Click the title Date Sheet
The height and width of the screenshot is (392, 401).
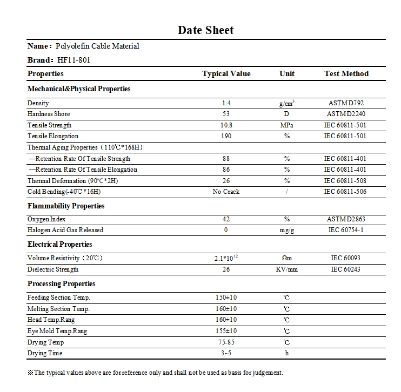click(x=205, y=30)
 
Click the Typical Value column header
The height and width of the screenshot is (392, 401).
click(x=226, y=74)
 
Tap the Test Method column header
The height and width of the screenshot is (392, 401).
click(x=346, y=74)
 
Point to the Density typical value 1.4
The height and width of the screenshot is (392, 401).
click(x=226, y=103)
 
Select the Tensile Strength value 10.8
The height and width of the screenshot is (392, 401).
click(x=226, y=125)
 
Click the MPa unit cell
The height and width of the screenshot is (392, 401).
click(x=287, y=125)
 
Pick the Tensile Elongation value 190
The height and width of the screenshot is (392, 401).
click(x=226, y=136)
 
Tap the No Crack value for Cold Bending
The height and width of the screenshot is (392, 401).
click(x=226, y=192)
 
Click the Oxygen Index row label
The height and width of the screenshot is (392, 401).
click(x=46, y=219)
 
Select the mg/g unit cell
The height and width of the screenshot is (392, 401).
click(x=287, y=230)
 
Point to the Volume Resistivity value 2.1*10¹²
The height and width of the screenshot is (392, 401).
click(x=226, y=259)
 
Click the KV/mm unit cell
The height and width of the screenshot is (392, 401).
click(x=287, y=269)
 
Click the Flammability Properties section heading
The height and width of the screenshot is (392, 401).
click(x=66, y=206)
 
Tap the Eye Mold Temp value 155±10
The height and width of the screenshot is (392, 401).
click(x=226, y=331)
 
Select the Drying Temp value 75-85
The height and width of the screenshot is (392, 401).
click(x=226, y=342)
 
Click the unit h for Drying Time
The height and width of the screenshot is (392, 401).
click(x=287, y=353)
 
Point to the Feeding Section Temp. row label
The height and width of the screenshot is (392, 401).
click(x=59, y=298)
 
